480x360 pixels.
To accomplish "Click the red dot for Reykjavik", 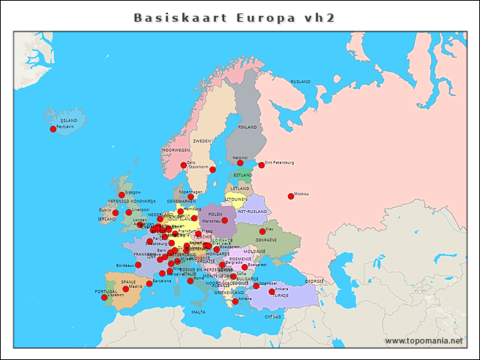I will coord(53,129).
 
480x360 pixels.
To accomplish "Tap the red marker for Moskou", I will coord(291,196).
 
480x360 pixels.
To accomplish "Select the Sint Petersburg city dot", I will coord(262,165).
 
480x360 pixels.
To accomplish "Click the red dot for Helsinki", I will coord(240,163).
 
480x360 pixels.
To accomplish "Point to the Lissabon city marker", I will coord(104,298).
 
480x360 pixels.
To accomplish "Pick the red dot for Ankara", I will coord(271,291).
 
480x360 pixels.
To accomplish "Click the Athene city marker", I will coord(235,301).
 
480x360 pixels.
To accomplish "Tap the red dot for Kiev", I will coord(262,232).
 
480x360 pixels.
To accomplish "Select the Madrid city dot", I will coord(126,289).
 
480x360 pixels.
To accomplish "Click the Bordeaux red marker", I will coord(138,265).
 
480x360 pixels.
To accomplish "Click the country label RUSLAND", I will coord(301,81).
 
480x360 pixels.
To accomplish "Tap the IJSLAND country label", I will coord(69,120).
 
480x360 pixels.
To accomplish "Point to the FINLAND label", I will coord(247,127).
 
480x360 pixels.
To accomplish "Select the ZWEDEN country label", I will coord(202,141).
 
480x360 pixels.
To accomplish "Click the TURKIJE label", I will coord(280,295).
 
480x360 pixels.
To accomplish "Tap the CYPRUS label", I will coord(273,316).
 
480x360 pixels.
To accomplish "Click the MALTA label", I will coord(198,312).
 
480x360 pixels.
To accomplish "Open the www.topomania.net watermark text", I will coord(424,341).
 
